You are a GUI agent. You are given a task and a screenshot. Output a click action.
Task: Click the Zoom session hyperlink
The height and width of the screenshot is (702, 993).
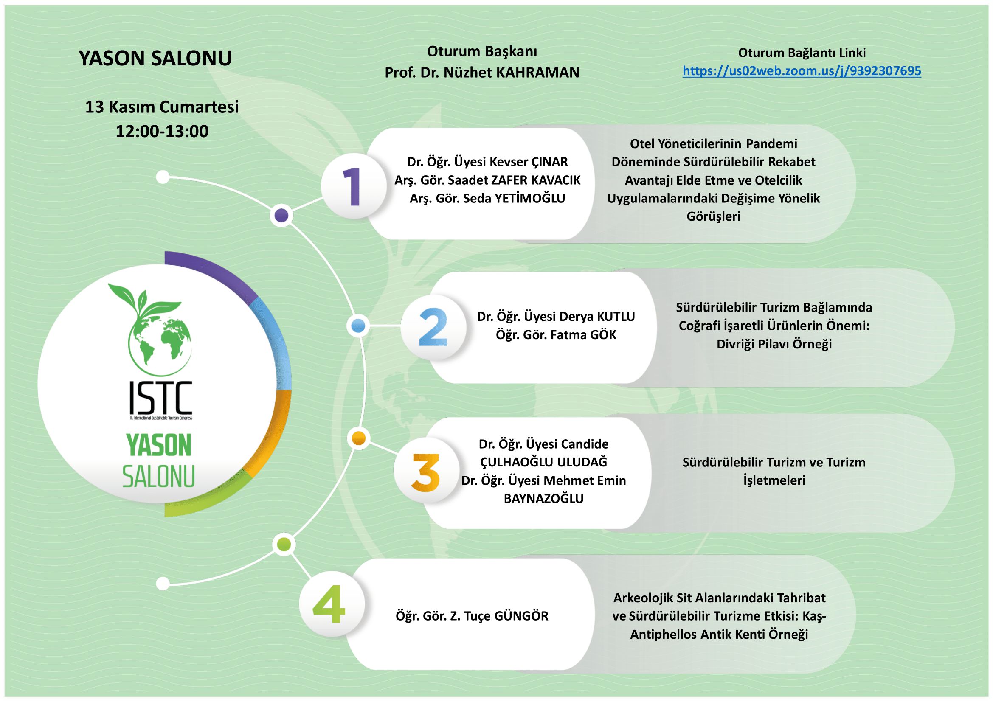(802, 71)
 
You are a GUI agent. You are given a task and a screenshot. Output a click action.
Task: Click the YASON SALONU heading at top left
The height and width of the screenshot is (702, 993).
(155, 58)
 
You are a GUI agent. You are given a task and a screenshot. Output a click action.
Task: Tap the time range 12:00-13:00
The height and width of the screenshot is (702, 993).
(162, 131)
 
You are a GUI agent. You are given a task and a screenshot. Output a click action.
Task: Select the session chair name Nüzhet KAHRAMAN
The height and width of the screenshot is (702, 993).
(512, 73)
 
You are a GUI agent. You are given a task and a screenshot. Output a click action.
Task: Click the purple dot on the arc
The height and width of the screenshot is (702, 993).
(281, 215)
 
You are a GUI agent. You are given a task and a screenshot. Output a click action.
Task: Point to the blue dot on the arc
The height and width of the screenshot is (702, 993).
(359, 326)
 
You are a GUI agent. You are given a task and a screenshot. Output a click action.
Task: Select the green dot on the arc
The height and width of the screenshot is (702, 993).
(283, 544)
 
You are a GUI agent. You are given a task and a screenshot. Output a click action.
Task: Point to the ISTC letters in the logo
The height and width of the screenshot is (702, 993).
(160, 397)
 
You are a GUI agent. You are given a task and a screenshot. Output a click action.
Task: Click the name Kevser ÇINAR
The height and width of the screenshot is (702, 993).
(528, 162)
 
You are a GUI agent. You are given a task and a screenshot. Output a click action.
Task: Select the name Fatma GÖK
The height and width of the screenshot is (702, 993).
(583, 335)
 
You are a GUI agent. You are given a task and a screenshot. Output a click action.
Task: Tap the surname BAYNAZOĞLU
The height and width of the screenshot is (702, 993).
(544, 499)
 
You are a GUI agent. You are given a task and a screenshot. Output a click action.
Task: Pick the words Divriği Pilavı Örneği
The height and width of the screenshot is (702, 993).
(774, 344)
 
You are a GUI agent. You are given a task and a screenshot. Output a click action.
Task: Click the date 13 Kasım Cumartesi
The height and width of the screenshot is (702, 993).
(162, 107)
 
